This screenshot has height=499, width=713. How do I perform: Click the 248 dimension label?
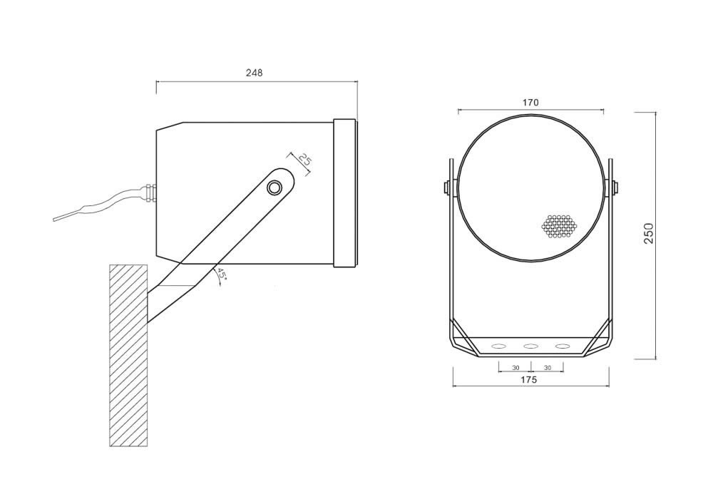pos(255,73)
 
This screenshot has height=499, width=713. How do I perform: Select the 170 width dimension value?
pos(530,103)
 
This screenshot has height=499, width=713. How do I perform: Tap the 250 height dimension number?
pos(648,233)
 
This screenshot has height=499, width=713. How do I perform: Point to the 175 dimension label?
pos(528,380)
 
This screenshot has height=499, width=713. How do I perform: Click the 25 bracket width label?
pos(304,160)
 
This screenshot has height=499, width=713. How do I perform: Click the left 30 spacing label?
pos(515,368)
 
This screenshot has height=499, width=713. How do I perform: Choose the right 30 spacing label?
pos(548,368)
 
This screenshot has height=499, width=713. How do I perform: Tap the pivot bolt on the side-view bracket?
pos(275,187)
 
